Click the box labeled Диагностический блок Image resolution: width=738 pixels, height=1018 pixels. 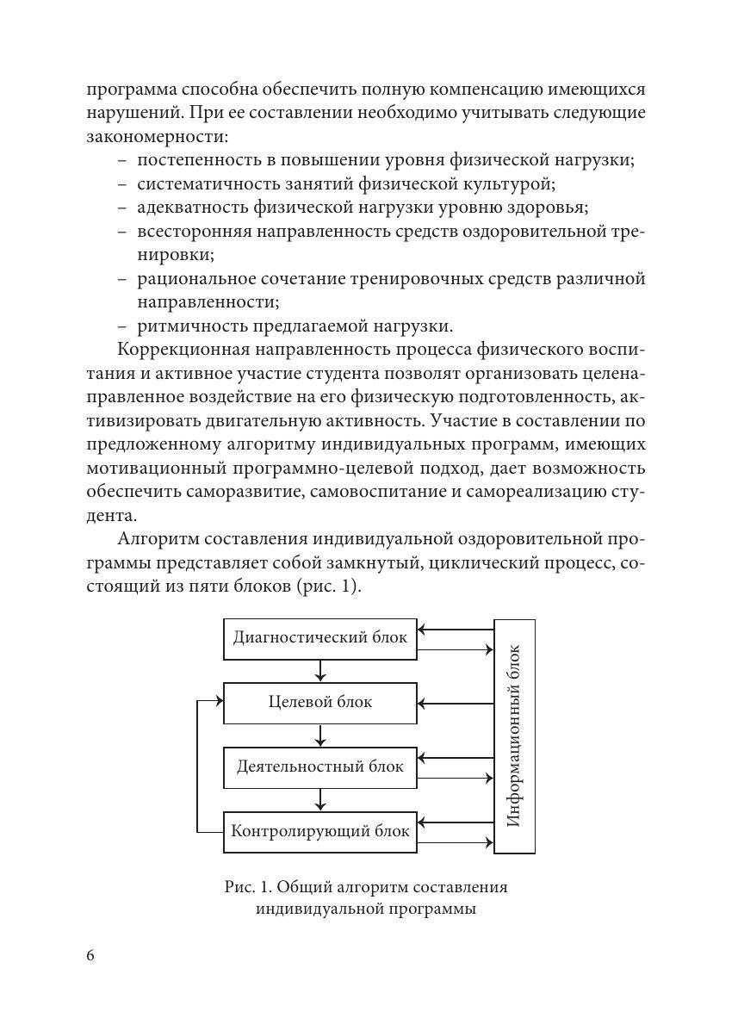click(x=319, y=639)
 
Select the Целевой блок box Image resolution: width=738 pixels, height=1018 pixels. click(x=319, y=703)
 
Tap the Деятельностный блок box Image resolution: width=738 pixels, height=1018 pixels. click(x=319, y=767)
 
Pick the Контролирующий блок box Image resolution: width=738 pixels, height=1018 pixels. click(x=319, y=832)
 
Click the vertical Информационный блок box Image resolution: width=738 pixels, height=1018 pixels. click(x=514, y=736)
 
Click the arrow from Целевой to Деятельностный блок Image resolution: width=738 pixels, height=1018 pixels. click(x=320, y=736)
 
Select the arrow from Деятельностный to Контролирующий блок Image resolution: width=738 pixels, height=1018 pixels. click(x=320, y=800)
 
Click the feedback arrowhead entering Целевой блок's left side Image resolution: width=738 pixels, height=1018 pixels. click(x=219, y=702)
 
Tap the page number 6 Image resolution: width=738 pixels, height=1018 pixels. click(x=91, y=957)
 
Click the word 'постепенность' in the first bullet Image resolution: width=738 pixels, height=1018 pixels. click(x=194, y=160)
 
